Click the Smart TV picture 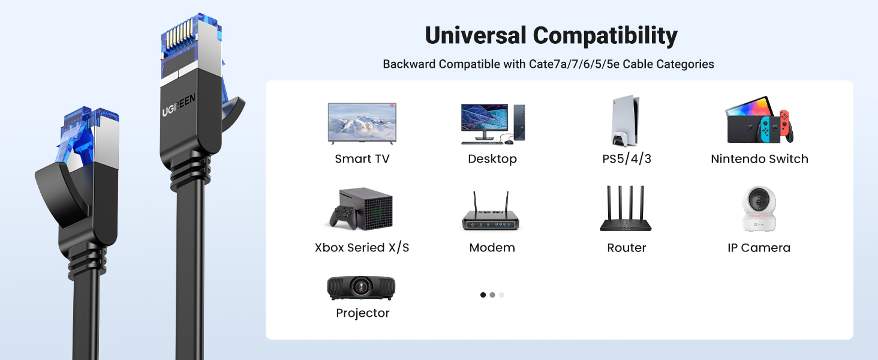point(362,123)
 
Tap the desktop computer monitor point(483,121)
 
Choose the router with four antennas point(626,210)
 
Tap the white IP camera point(759,209)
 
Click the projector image point(361,288)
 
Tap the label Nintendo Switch point(759,159)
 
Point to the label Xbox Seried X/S point(362,248)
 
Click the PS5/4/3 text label point(627,159)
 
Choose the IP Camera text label point(759,248)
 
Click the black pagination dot point(483,295)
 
